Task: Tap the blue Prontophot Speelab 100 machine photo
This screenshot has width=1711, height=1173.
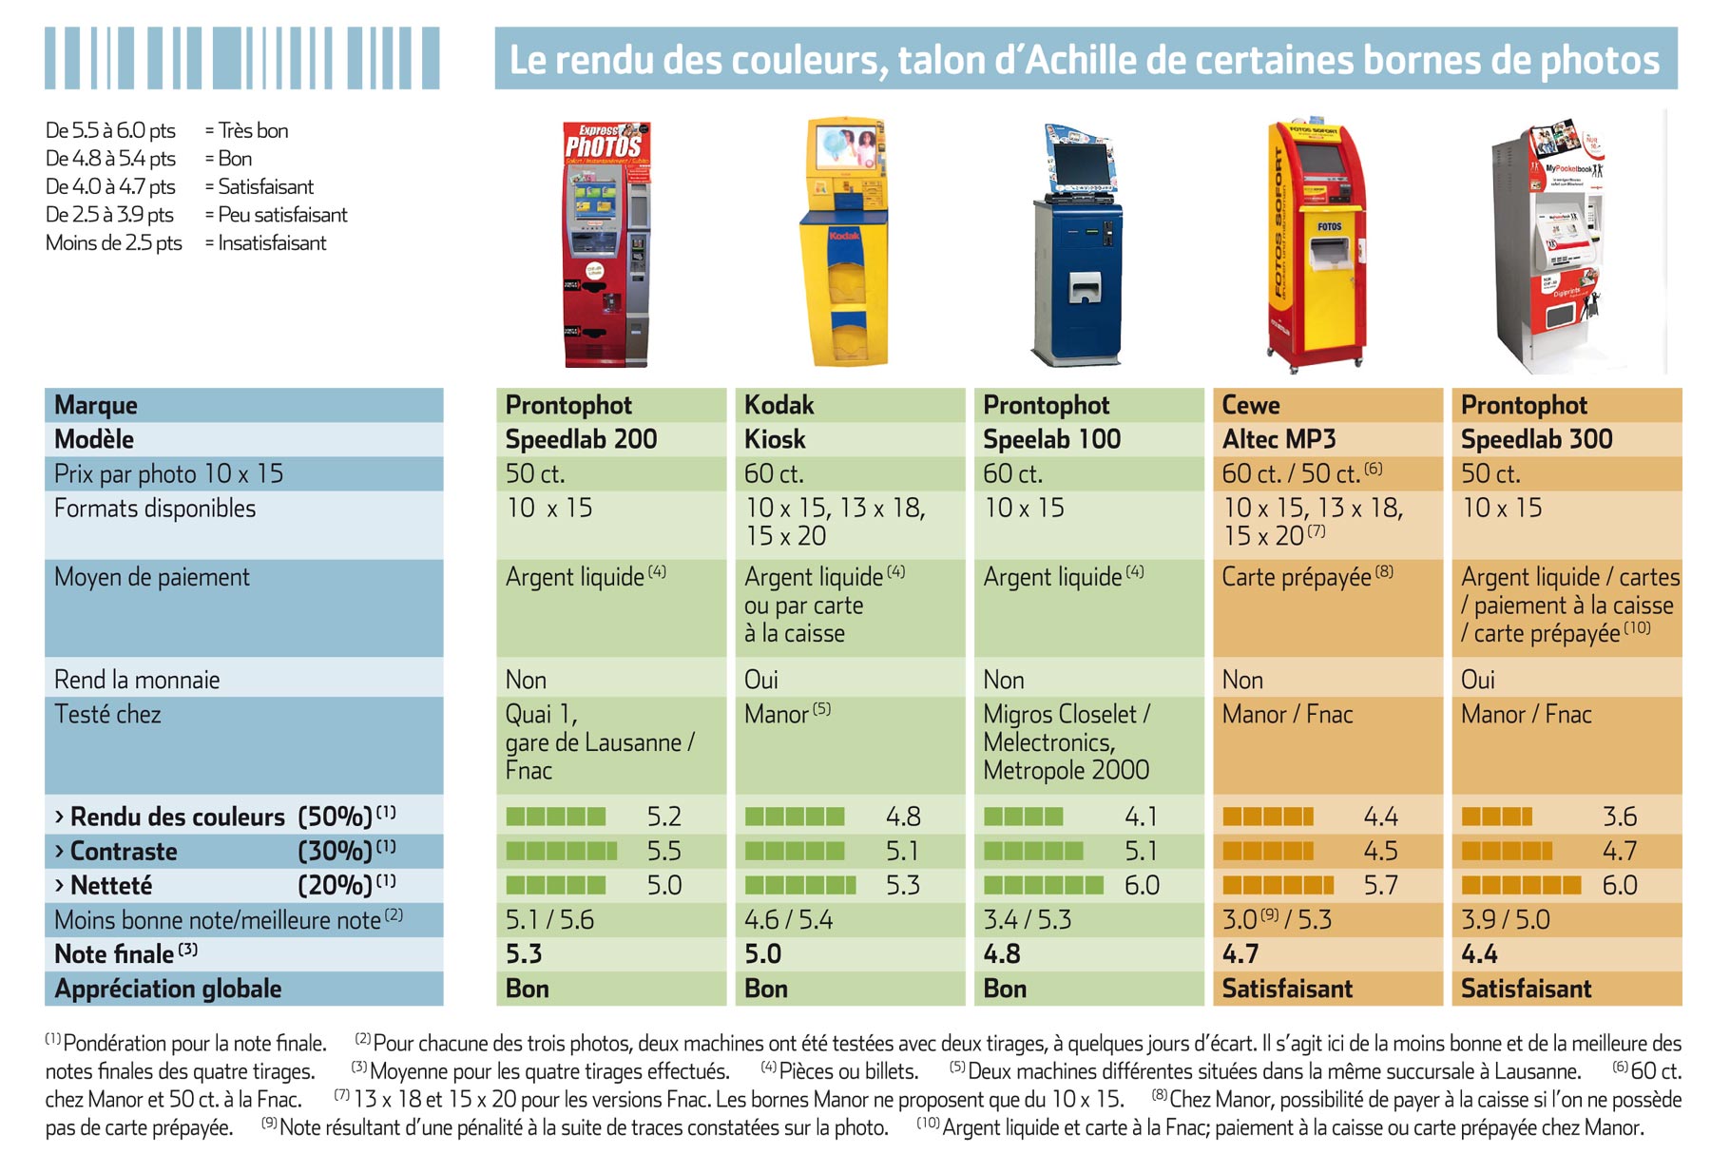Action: (1078, 244)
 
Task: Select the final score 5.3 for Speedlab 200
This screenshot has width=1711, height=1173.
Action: (524, 953)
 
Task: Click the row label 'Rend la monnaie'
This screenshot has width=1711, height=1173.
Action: (137, 680)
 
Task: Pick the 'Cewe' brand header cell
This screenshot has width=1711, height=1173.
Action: (1251, 405)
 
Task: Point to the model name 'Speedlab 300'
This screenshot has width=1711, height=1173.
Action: (1536, 439)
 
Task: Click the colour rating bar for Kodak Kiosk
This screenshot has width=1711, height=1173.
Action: (795, 817)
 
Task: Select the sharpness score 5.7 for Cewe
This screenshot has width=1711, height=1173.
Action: (1380, 885)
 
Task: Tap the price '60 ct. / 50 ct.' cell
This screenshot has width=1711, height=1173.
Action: (1301, 472)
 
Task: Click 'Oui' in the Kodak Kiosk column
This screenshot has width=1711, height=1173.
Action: (761, 680)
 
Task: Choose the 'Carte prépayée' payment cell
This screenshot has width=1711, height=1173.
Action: (1307, 576)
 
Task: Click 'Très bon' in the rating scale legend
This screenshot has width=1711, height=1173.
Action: (253, 130)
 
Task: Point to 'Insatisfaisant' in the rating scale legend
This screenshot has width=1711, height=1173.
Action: (272, 242)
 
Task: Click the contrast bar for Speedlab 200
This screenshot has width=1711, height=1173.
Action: (562, 851)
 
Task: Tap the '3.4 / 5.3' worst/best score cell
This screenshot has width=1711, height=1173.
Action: (1028, 919)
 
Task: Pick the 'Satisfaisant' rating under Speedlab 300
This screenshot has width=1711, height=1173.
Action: (1526, 989)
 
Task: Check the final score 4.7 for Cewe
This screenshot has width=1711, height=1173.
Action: (1240, 953)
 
